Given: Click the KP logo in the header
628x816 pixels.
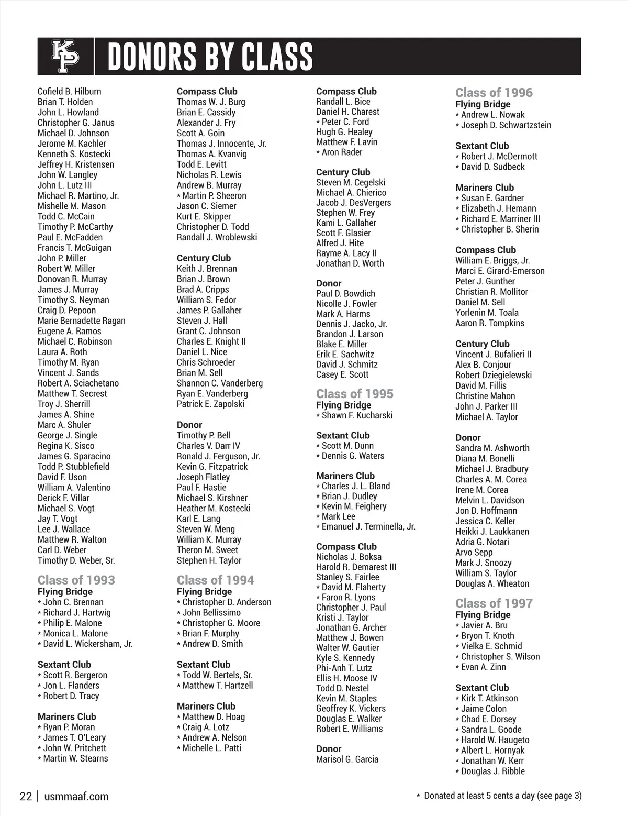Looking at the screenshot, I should click(x=65, y=56).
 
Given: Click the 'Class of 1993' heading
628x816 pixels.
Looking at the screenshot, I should click(x=76, y=580).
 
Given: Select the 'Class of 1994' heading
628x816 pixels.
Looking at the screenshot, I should click(x=215, y=580).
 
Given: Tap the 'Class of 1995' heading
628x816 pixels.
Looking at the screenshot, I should click(x=354, y=393).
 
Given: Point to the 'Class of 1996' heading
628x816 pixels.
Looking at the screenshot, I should click(x=494, y=93).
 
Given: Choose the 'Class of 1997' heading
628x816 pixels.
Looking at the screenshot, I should click(x=494, y=603).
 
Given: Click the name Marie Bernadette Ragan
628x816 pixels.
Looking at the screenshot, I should click(x=81, y=321).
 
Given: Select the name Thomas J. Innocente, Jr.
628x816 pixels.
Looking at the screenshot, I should click(x=221, y=144).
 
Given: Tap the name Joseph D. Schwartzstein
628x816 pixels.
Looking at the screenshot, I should click(x=506, y=125).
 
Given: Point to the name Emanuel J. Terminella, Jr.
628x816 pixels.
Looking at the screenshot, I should click(x=368, y=526).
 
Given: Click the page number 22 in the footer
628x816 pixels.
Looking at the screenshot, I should click(x=26, y=797).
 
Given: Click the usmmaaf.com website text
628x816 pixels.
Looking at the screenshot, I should click(x=76, y=797).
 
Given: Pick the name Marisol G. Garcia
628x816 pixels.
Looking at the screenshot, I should click(x=347, y=759).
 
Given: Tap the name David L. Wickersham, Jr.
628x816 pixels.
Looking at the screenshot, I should click(x=87, y=644).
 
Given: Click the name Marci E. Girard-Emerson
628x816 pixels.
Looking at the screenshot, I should click(x=500, y=271).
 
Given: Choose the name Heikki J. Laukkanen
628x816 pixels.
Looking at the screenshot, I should click(x=492, y=531).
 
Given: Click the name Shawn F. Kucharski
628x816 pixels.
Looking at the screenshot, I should click(x=357, y=415).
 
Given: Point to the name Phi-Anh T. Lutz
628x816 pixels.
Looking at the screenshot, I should click(x=344, y=668).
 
